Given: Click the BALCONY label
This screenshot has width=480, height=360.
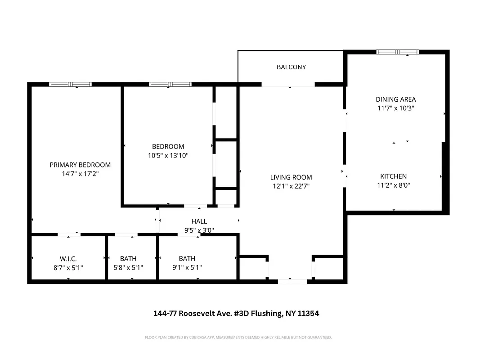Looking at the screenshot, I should coord(291,67).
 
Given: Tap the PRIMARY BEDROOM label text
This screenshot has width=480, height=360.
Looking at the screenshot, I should coord(80,165).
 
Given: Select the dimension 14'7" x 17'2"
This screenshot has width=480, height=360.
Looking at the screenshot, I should coord(80,174).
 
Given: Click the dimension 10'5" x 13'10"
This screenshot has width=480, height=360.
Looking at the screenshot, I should coord(168,156).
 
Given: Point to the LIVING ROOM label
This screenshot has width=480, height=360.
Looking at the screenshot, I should coord(291,177).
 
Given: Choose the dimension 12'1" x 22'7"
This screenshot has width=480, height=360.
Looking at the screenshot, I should coord(291,186).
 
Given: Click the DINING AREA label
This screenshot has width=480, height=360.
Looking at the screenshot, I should coord(396,99).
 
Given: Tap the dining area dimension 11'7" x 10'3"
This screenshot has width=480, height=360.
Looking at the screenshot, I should coord(396,108).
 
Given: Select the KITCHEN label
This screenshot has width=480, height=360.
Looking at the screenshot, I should coord(393,176).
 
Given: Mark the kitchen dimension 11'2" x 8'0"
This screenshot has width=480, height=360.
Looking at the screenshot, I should coord(393,185).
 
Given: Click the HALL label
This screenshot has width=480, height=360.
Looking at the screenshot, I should coord(199,221).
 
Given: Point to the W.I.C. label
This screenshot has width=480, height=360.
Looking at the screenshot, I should coord(68,259).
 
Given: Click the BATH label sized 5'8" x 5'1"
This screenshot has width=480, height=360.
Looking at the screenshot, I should coord(128,259).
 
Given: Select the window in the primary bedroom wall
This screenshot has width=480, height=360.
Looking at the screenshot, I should coord(70,84).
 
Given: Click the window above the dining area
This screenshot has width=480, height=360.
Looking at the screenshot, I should coord(397,52).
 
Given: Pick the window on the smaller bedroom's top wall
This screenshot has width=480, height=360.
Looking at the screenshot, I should coord(170,84).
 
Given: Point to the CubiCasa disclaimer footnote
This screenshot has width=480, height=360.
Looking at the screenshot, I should coord(238,337).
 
